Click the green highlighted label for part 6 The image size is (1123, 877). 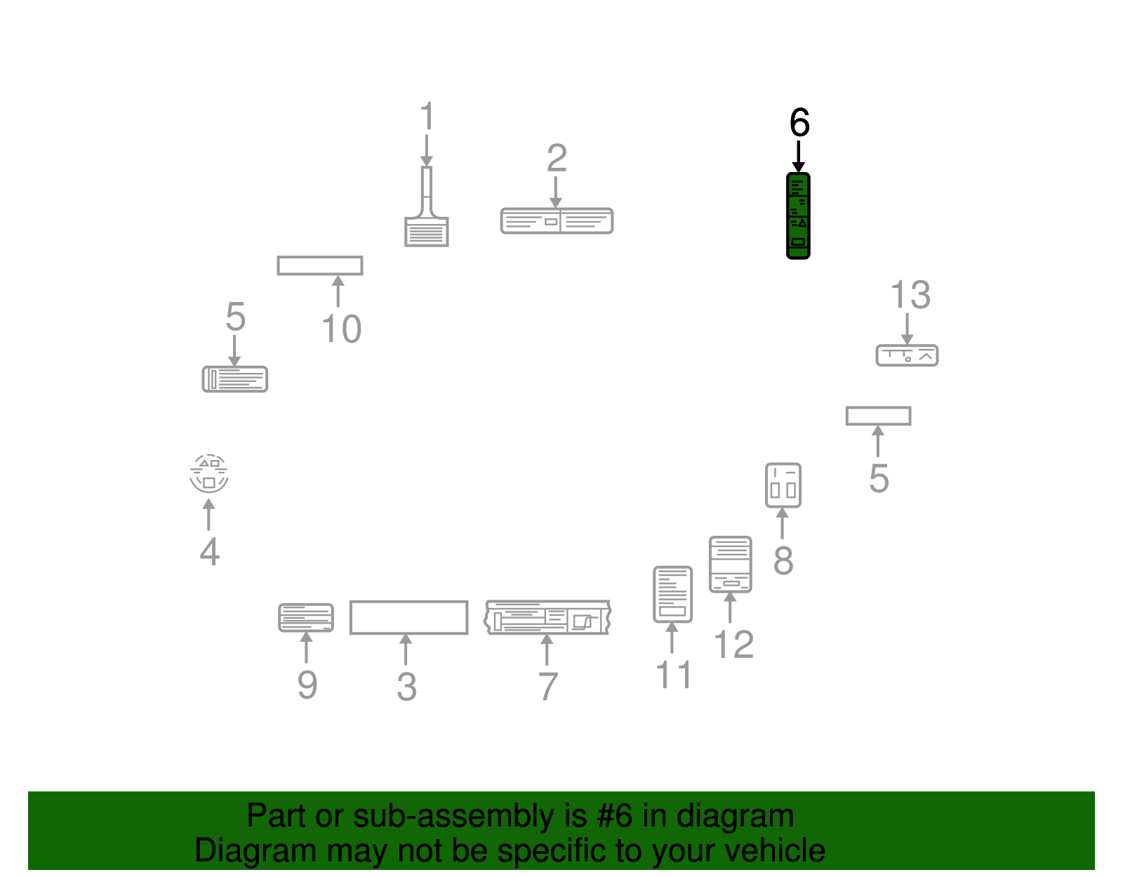click(798, 216)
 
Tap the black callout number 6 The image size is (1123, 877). click(799, 122)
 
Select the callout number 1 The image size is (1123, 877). click(427, 115)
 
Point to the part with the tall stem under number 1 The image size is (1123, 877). click(426, 206)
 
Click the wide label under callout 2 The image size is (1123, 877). click(557, 221)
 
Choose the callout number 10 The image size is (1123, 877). click(342, 329)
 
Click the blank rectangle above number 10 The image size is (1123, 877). click(320, 265)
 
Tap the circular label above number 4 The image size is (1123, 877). click(208, 474)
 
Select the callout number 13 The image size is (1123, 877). click(910, 295)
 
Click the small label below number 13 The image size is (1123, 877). click(907, 355)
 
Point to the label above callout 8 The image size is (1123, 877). click(783, 485)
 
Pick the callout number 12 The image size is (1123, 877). click(734, 645)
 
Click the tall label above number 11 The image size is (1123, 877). click(672, 594)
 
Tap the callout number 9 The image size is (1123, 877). click(307, 685)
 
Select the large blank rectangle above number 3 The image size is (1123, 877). click(408, 617)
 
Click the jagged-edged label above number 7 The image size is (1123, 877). click(547, 617)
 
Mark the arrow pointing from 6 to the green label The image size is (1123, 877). click(799, 157)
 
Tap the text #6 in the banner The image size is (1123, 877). click(614, 815)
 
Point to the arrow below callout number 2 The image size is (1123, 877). click(556, 192)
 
